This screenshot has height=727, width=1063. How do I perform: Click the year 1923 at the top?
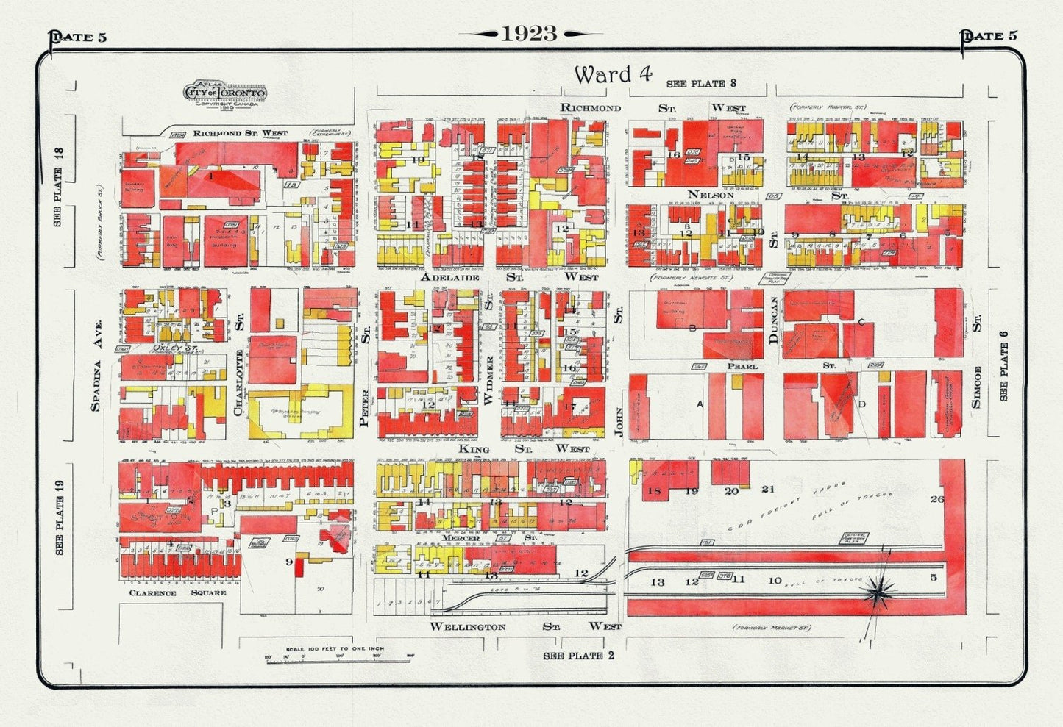(x=530, y=34)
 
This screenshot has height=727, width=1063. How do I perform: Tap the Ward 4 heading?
(x=613, y=74)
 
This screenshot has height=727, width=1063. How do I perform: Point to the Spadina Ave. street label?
(x=95, y=365)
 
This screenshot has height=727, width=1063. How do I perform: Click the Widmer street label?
(x=488, y=380)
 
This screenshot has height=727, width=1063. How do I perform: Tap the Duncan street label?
(x=773, y=320)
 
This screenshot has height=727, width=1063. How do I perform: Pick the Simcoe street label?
(x=977, y=387)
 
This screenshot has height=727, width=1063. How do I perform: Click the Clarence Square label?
(x=177, y=592)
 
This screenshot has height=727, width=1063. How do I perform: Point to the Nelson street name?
(x=711, y=195)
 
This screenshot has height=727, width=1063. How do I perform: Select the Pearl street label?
(x=742, y=365)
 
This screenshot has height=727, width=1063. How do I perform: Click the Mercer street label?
(x=463, y=538)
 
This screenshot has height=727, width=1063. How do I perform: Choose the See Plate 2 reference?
(x=574, y=656)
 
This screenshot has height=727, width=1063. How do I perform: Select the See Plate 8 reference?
(x=701, y=84)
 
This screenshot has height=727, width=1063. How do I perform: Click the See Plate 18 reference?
(x=60, y=187)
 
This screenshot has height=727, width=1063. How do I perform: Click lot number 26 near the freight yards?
(x=936, y=499)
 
